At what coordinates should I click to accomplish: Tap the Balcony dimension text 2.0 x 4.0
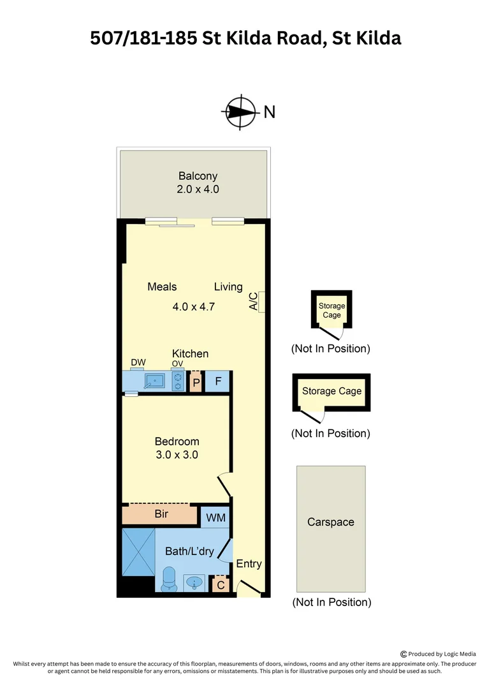point(198,189)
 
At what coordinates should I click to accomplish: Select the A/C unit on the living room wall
point(261,302)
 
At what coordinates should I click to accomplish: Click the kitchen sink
point(154,380)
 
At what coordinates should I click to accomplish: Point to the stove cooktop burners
point(178,381)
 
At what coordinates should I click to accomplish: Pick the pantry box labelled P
point(196,382)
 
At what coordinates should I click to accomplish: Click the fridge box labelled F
point(218,381)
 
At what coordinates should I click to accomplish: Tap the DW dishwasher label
point(138,362)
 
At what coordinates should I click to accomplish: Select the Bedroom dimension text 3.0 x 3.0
point(177,455)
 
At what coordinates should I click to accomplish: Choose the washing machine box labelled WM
point(215,517)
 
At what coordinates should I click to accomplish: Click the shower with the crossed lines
point(138,552)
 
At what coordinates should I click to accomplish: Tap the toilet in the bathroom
point(169,579)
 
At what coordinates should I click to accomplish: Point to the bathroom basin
point(193,582)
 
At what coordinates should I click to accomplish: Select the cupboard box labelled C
point(221,585)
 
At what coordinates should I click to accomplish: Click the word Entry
point(249,564)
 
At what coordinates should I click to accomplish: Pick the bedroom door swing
point(224,484)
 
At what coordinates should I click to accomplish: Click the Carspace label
point(331,522)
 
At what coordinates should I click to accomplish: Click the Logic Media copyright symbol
point(403,654)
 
